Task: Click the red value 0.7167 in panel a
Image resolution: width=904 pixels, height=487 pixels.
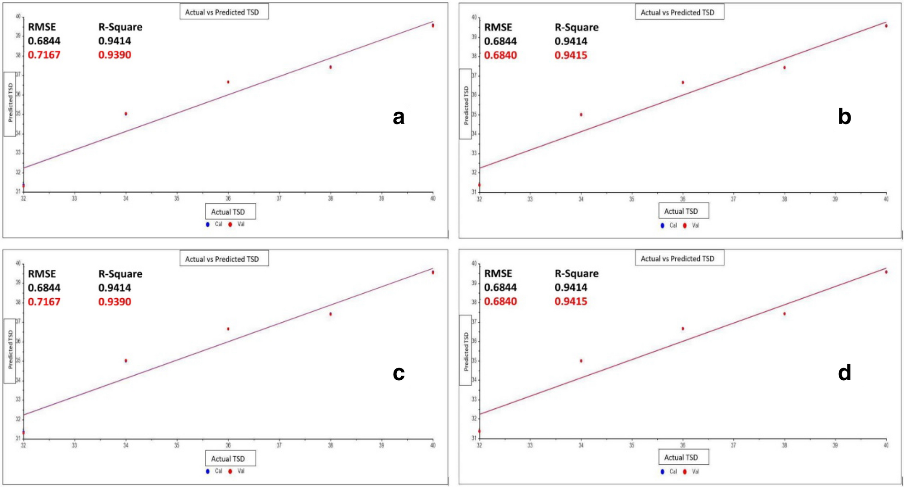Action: click(x=44, y=55)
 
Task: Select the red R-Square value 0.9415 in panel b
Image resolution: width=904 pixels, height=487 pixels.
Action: click(x=571, y=55)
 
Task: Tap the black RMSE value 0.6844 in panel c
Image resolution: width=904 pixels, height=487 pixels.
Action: click(x=44, y=288)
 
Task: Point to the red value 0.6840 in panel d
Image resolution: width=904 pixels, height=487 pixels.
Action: click(x=500, y=301)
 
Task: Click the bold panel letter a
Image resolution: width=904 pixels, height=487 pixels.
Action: click(x=398, y=117)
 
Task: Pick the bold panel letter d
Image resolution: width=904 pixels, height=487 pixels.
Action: click(x=844, y=373)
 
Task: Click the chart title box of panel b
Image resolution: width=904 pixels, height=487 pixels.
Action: click(x=679, y=12)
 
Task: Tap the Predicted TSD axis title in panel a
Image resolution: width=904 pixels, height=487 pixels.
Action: click(x=10, y=103)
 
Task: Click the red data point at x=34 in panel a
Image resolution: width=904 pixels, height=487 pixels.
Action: click(x=126, y=114)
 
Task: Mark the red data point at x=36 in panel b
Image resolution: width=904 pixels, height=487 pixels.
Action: click(x=683, y=82)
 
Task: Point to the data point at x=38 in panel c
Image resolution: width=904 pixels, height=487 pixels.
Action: click(x=331, y=314)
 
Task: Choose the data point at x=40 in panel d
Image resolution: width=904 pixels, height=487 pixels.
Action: click(x=886, y=272)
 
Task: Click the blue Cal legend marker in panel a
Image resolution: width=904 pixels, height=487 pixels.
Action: click(x=207, y=224)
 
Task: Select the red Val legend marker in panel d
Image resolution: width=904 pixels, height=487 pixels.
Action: click(x=684, y=472)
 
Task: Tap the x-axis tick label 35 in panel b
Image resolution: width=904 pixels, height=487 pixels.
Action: click(x=631, y=199)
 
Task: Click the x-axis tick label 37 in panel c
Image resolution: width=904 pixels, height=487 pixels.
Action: click(x=279, y=445)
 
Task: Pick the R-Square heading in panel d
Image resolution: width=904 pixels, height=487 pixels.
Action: click(x=576, y=274)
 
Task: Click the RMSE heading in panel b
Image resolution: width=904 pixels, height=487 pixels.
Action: click(x=498, y=28)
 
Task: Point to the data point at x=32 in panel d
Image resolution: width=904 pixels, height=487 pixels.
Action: click(x=479, y=431)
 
